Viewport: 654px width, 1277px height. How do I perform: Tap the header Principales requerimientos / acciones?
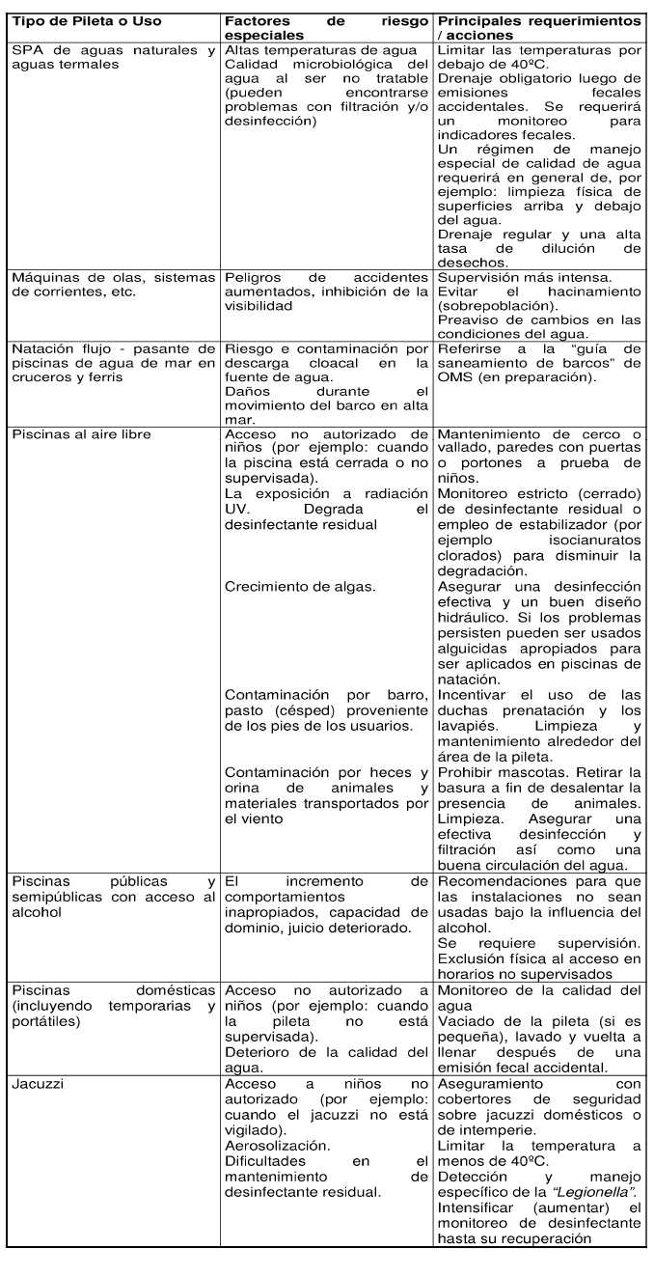tap(539, 28)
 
